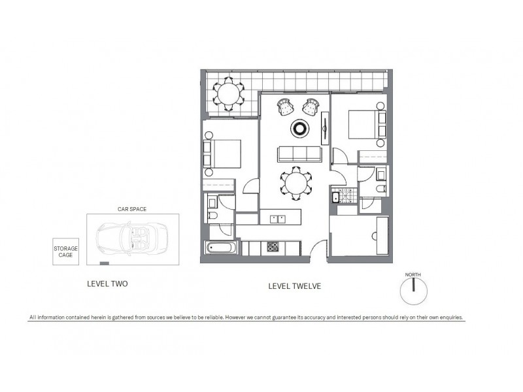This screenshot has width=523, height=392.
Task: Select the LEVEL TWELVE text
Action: tap(295, 286)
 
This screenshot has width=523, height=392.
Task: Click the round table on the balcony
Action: tap(229, 93)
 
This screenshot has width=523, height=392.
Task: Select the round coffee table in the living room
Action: tap(299, 129)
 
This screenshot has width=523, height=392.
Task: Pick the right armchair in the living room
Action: tap(311, 105)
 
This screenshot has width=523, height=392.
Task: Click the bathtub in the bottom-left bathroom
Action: tap(221, 249)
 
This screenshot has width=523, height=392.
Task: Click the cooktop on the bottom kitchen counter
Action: tap(273, 248)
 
